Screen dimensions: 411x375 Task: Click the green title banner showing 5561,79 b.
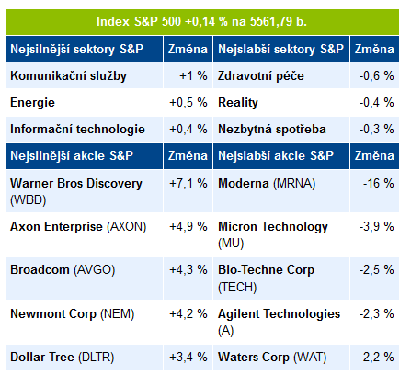coord(202,22)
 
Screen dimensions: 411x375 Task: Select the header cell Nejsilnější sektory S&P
coord(84,49)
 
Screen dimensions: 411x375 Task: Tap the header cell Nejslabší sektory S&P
coord(281,49)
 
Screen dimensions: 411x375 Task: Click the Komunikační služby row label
coord(68,76)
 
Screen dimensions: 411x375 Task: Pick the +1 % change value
coord(193,75)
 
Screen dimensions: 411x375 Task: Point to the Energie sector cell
coord(84,102)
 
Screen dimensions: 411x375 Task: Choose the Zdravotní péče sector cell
coord(281,75)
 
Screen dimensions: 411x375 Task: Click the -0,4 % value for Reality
coord(377,102)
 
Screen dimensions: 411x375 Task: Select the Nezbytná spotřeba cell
coord(281,129)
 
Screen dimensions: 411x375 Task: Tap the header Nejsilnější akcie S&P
coord(84,156)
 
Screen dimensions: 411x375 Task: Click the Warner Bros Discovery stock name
coord(76,183)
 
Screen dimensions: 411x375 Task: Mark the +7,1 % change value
coord(188,183)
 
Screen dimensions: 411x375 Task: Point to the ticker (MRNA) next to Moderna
coord(294,184)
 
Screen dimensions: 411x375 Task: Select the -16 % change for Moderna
coord(379,183)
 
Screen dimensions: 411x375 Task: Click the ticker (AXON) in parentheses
coord(127,227)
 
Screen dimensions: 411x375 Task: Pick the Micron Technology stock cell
coord(281,234)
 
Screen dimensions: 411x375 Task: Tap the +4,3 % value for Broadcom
coord(188,270)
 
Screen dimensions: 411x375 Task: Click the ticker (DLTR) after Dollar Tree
coord(97,358)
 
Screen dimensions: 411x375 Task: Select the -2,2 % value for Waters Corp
coord(377,357)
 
